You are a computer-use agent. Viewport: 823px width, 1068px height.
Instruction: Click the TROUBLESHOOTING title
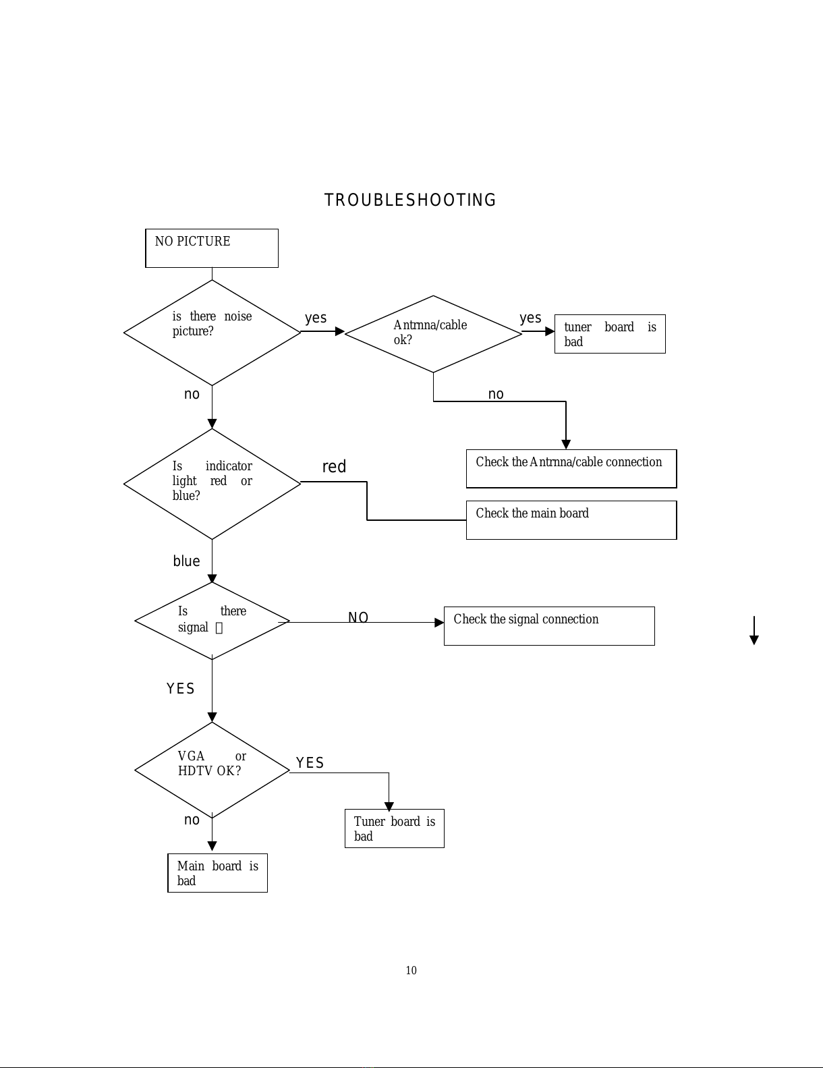410,200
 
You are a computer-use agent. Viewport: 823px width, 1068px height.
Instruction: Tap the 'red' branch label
334,466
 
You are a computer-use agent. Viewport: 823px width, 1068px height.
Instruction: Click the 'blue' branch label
186,561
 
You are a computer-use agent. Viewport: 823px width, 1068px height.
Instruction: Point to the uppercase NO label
358,617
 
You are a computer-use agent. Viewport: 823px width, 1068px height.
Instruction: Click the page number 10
412,970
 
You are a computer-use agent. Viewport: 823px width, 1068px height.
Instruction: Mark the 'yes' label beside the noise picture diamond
316,318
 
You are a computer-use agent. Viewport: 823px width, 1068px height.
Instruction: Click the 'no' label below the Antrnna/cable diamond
496,394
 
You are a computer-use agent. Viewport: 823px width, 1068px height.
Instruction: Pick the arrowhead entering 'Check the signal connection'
439,623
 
